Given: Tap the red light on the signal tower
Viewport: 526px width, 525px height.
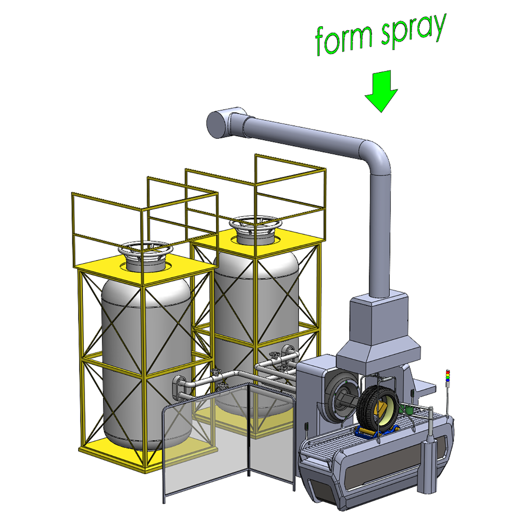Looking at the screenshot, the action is (448, 371).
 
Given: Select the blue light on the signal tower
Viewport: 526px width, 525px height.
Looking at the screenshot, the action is (448, 380).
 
